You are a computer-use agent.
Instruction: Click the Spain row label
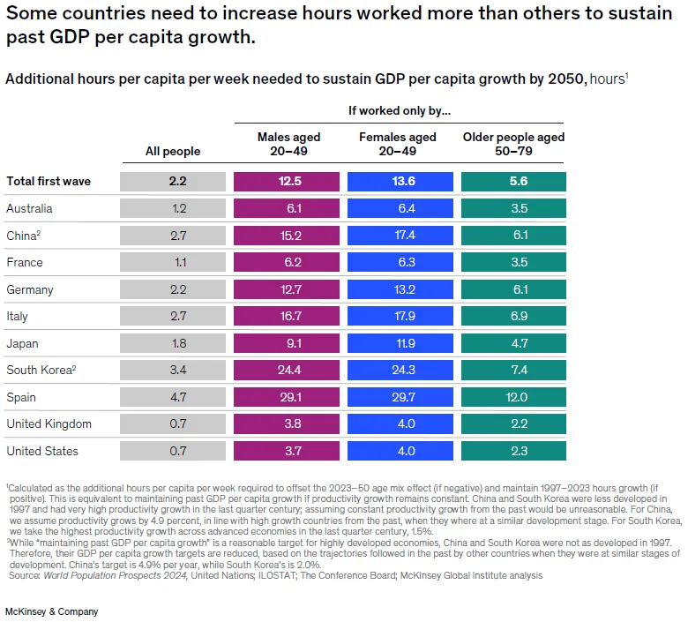tap(20, 397)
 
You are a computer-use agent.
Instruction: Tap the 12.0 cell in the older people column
tap(513, 397)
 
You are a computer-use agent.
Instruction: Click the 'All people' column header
tap(173, 151)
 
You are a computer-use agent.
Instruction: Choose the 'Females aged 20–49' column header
tap(398, 144)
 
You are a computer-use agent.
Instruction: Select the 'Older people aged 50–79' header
tap(513, 144)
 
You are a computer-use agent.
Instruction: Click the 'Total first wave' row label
tap(49, 181)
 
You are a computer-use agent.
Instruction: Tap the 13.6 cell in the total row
tap(398, 181)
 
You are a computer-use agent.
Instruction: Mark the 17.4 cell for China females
tap(398, 236)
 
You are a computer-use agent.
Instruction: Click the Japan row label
tap(22, 343)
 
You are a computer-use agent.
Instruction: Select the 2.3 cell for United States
tap(513, 451)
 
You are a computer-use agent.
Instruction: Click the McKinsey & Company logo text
tap(52, 611)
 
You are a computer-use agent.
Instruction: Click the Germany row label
tap(29, 289)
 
